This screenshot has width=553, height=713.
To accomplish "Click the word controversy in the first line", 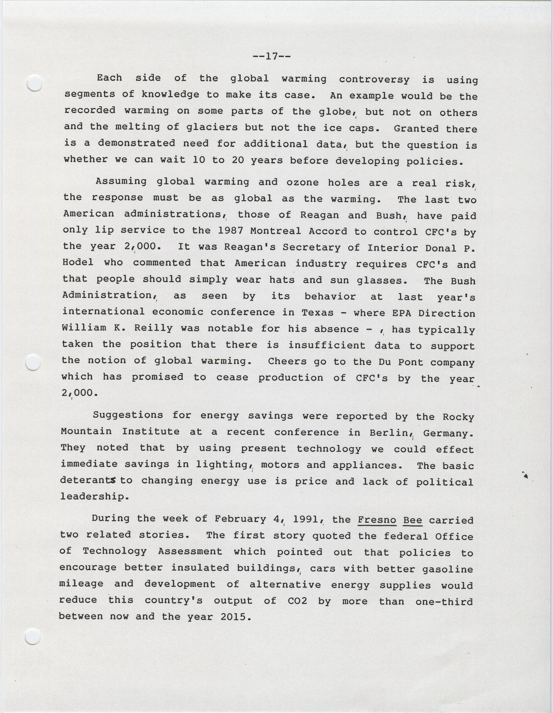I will tap(374, 79).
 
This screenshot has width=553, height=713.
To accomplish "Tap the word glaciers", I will tap(212, 127).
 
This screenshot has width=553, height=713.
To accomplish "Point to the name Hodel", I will tap(78, 262).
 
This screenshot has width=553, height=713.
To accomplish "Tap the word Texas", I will tap(317, 313).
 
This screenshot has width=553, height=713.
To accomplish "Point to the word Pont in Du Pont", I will tap(410, 362).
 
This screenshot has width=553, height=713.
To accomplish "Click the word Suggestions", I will tap(128, 415).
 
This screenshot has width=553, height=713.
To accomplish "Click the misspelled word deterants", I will tap(88, 480).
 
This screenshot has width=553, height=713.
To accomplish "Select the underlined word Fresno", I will tap(377, 519).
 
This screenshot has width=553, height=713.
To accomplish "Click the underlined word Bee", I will tap(413, 520).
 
